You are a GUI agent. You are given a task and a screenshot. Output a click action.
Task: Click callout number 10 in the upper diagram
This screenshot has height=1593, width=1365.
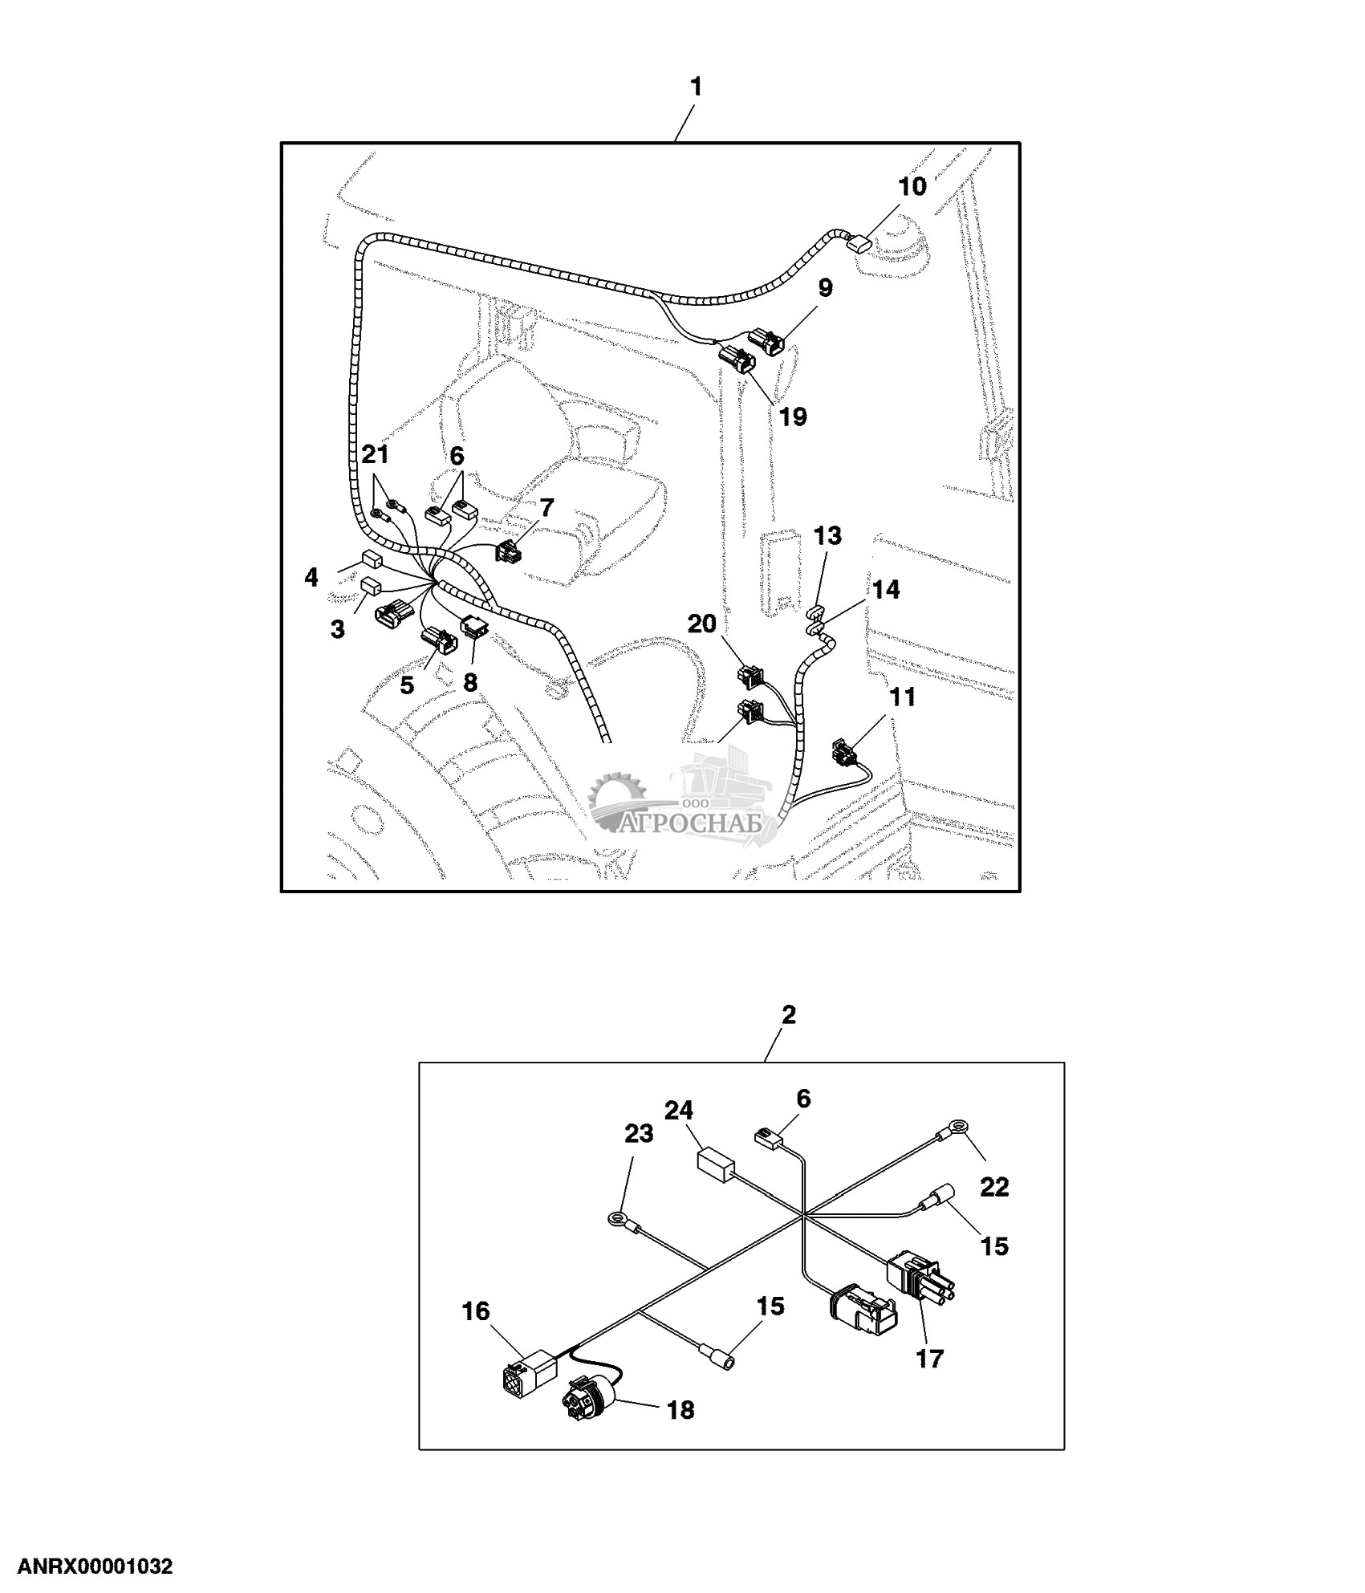point(912,187)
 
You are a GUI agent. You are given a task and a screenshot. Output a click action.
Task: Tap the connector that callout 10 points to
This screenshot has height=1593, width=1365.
point(859,242)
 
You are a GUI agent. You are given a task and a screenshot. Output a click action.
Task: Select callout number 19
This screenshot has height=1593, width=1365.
point(793,417)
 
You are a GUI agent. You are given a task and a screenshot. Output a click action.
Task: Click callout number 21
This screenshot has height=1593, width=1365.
point(375,455)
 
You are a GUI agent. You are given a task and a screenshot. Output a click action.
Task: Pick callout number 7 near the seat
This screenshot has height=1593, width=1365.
point(546,508)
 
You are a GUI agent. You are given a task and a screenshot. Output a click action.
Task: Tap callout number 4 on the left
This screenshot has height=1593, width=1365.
point(311,577)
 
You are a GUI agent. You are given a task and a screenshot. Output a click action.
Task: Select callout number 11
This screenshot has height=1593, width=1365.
point(903,697)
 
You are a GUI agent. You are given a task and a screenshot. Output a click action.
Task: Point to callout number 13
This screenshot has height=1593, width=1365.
point(828,535)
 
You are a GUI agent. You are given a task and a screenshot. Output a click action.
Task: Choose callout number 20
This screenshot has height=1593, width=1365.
point(702,624)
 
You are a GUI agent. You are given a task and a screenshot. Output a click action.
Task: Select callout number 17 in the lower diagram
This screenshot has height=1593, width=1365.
point(930,1359)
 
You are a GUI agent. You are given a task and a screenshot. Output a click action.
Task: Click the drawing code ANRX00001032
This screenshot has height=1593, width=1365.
point(95,1567)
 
